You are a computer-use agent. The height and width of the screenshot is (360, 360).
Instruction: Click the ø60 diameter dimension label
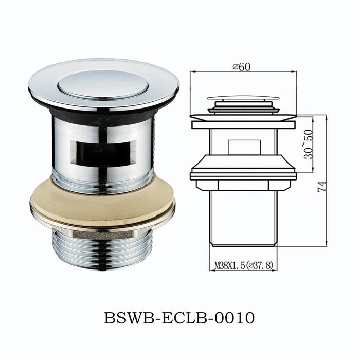tap(241, 67)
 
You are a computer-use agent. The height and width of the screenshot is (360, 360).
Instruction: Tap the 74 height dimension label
tap(321, 187)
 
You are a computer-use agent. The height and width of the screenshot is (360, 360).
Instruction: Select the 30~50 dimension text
tap(308, 144)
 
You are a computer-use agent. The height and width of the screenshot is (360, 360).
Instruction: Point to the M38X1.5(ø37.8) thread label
tap(244, 266)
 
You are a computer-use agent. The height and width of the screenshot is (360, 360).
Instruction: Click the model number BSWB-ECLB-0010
tap(179, 318)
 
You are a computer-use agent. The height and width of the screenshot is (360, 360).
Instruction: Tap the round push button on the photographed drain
tap(103, 85)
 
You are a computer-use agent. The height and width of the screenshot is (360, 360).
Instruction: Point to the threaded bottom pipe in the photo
tap(103, 249)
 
